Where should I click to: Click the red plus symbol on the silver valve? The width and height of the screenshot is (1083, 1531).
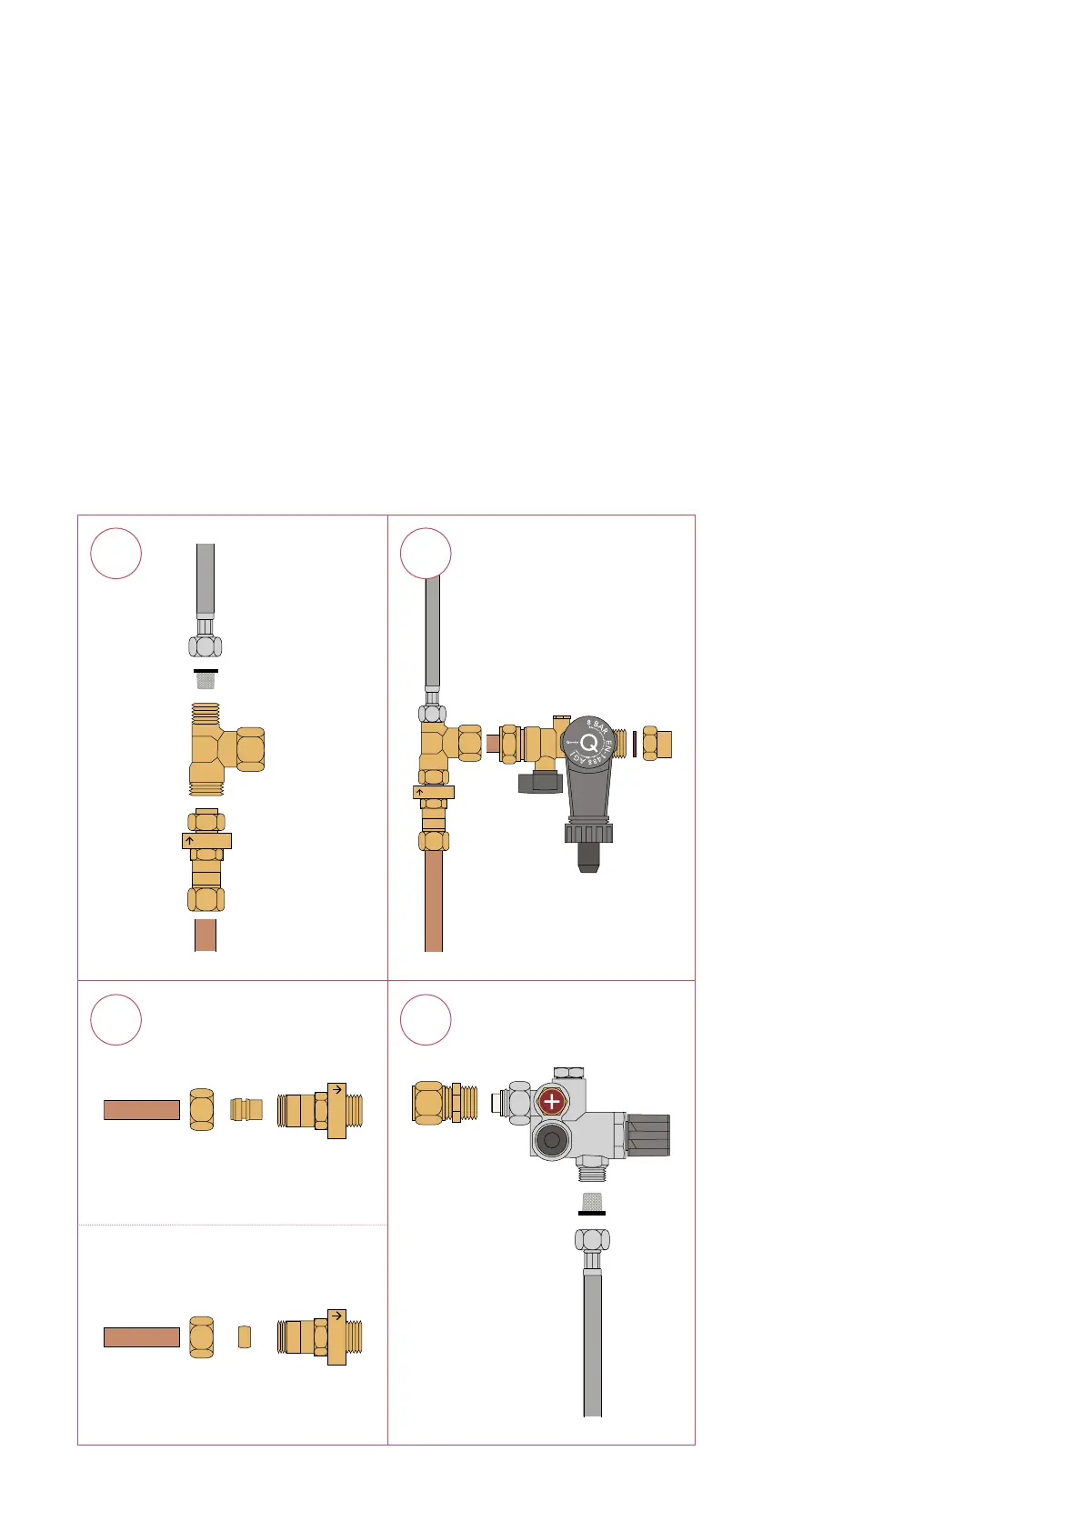coord(551,1102)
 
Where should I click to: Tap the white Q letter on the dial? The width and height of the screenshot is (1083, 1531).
coord(588,743)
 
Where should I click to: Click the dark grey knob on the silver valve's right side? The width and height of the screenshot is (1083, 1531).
coord(648,1135)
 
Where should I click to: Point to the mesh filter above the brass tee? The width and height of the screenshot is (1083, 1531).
coord(206,679)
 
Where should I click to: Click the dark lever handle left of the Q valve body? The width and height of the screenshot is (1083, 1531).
coord(539,781)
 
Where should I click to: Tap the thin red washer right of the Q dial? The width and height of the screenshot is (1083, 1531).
coord(634,744)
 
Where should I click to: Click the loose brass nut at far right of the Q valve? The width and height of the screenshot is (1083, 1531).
coord(657,744)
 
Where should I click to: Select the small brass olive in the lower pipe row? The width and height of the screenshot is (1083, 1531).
coord(244,1336)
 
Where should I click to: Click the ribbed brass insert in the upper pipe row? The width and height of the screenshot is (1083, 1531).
coord(246,1109)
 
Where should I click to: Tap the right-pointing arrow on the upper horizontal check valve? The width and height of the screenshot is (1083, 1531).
coord(336,1088)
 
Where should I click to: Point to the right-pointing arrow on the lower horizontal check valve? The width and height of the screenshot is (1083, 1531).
coord(336,1316)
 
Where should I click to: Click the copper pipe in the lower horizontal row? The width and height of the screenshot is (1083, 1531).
coord(141,1336)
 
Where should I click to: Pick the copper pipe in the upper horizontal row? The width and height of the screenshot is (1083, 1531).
coord(141,1109)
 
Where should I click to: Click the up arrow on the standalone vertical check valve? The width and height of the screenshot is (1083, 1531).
coord(189,841)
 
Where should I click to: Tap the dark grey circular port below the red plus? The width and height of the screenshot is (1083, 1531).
coord(551,1139)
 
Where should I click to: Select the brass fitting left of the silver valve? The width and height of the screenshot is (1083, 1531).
coord(445,1103)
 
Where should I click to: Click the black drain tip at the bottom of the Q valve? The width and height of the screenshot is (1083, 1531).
coord(587,860)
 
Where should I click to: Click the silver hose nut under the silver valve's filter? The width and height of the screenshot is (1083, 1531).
coord(592,1240)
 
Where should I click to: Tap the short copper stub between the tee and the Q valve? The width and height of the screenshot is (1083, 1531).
coord(493,744)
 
